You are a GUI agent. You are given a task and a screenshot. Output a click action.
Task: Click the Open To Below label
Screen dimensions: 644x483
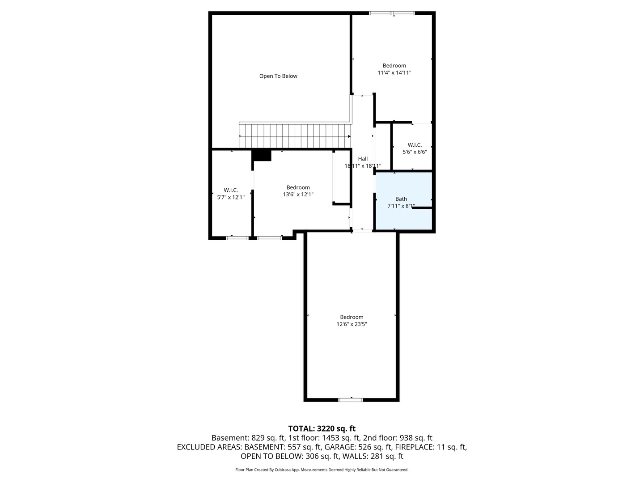[278, 76]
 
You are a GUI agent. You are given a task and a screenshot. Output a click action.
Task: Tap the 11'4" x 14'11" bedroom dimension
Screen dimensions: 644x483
[394, 73]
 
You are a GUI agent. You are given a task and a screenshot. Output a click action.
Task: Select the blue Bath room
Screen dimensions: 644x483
[404, 201]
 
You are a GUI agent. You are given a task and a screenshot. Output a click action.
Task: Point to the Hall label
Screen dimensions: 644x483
[363, 159]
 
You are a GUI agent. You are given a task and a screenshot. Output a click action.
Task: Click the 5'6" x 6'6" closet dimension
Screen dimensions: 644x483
[415, 152]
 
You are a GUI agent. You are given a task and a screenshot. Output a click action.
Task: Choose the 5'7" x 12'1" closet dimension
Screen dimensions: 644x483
[231, 197]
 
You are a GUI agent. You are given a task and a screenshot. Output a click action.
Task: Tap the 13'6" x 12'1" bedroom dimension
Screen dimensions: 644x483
[298, 195]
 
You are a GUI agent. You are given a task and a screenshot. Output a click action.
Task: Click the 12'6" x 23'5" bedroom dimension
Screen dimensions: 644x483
[352, 324]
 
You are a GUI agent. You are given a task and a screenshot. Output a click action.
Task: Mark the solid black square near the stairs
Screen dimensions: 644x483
[262, 156]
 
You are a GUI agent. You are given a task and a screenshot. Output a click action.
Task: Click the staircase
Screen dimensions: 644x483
[295, 136]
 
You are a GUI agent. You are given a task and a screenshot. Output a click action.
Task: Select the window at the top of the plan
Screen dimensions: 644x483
[392, 13]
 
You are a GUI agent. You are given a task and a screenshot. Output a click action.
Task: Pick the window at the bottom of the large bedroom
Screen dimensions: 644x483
[350, 400]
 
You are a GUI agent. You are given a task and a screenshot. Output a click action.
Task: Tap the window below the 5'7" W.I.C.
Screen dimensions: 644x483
[237, 238]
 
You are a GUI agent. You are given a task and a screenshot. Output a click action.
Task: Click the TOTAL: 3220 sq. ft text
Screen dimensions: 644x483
[322, 429]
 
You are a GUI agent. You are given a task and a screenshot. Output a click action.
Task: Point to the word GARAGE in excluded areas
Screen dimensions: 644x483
[299, 447]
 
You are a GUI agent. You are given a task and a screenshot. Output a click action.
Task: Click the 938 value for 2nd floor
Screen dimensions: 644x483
[406, 438]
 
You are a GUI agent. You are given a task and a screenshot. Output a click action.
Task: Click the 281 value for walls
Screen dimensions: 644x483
[377, 456]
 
